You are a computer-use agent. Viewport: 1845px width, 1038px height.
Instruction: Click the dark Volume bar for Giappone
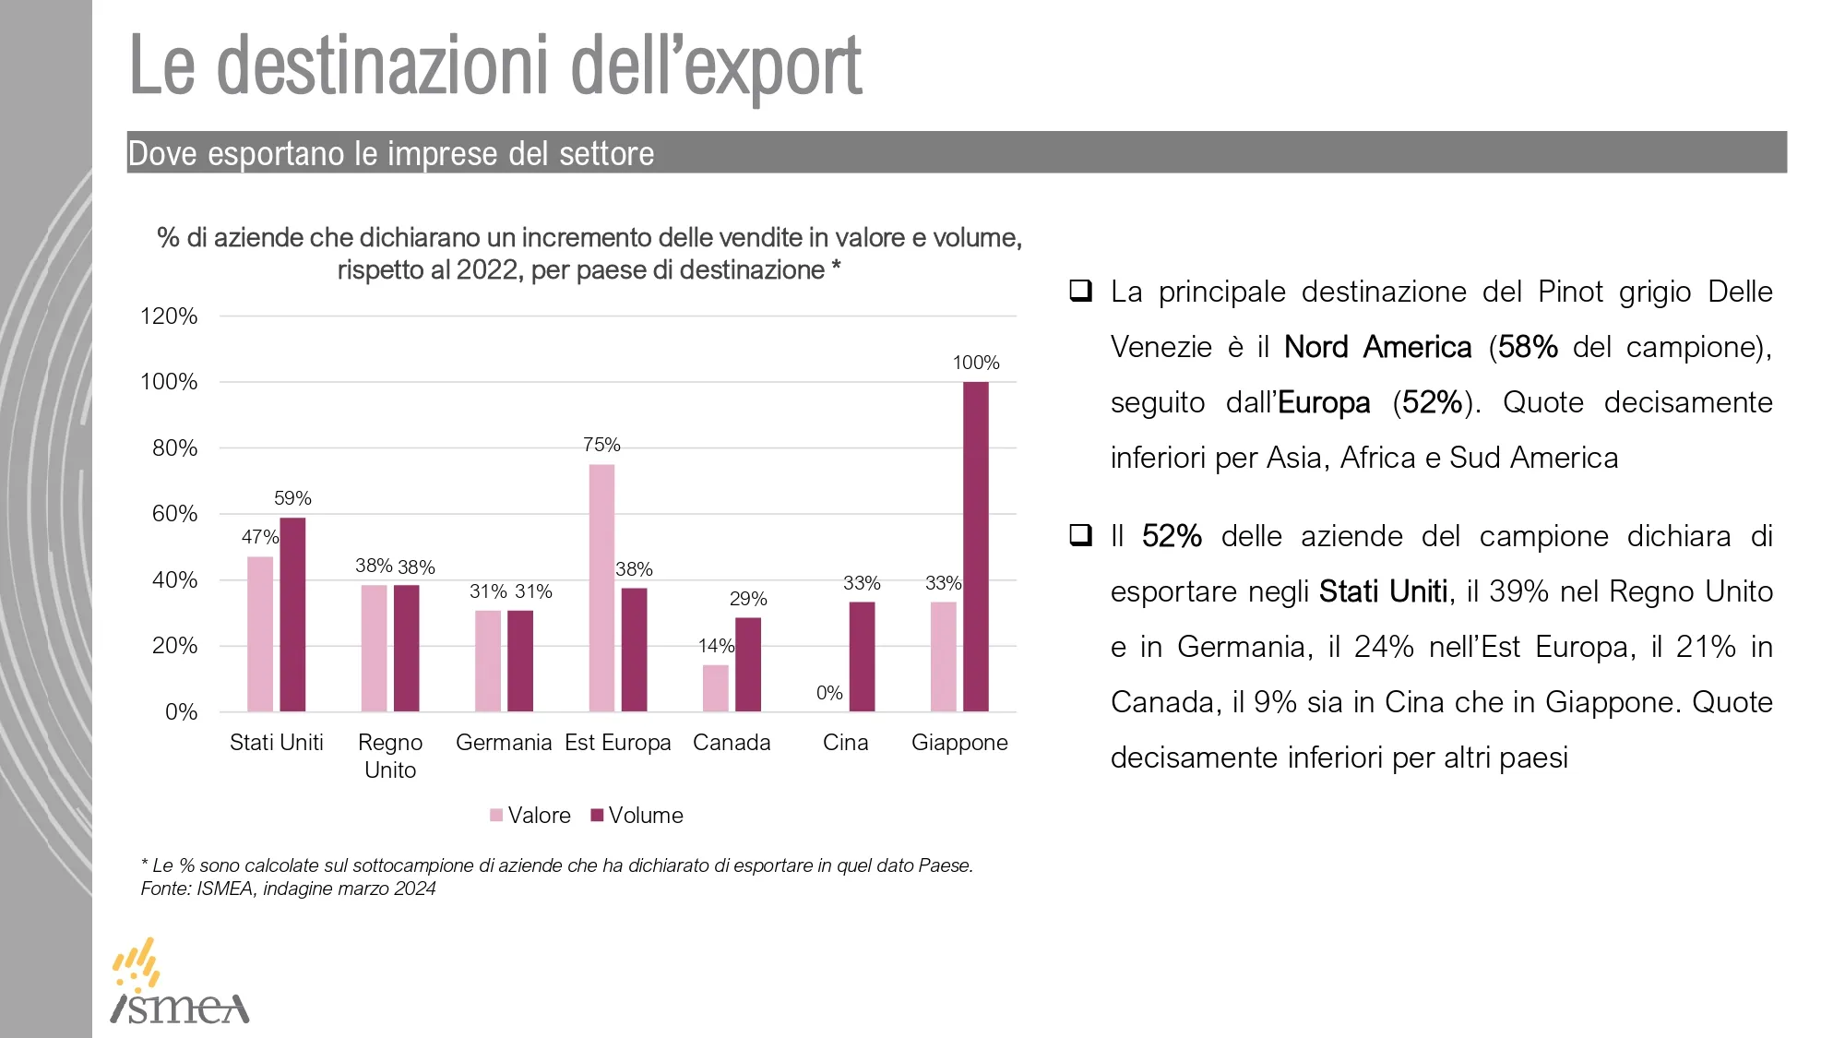point(975,546)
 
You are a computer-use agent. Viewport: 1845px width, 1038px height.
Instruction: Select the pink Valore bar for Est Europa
point(601,588)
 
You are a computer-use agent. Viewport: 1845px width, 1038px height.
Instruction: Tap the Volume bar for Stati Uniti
point(292,614)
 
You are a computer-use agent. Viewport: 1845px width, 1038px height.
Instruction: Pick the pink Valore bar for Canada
point(715,688)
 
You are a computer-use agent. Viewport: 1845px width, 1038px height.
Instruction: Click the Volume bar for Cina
point(862,657)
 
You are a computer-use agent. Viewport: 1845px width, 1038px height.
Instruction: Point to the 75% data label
point(601,445)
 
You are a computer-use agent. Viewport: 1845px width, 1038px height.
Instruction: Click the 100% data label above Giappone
point(975,363)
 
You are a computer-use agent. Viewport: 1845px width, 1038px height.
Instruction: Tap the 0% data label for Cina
point(829,693)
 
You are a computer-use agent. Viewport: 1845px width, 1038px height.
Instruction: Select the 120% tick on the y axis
point(169,316)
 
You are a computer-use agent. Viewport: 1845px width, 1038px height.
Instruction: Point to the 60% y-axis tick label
point(174,514)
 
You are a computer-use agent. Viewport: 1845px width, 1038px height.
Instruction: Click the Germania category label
point(504,743)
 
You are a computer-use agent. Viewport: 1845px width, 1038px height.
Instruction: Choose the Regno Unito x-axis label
point(390,756)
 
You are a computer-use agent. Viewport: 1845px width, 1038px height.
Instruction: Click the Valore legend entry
point(530,816)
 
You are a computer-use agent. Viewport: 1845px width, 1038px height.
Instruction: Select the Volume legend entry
point(637,816)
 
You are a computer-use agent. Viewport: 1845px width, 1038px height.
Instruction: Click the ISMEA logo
point(180,984)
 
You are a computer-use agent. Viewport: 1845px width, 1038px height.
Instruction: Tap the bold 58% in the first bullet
point(1528,347)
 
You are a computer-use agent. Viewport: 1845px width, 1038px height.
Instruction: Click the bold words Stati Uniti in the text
point(1383,591)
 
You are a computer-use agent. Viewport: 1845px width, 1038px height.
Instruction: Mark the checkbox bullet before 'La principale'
point(1080,292)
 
